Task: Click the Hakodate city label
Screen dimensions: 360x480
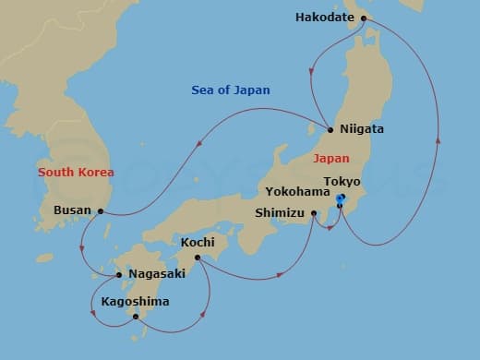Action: coord(323,17)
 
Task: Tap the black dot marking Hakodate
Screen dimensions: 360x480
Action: coord(361,17)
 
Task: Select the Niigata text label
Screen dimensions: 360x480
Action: coord(362,129)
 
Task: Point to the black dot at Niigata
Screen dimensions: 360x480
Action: coord(330,128)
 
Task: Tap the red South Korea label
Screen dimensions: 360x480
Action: coord(76,173)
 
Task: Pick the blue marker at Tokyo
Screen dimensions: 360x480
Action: coord(340,198)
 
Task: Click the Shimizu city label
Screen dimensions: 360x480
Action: coord(281,213)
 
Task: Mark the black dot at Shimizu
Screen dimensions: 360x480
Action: coord(314,213)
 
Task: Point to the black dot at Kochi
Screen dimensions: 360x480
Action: coord(198,258)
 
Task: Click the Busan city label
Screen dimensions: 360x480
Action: coord(74,210)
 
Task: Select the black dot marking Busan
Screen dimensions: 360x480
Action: coord(100,210)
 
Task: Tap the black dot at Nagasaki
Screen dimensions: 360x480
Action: coord(119,274)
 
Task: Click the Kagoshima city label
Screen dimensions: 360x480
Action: coord(137,302)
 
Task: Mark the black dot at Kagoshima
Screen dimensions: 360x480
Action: coord(136,318)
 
